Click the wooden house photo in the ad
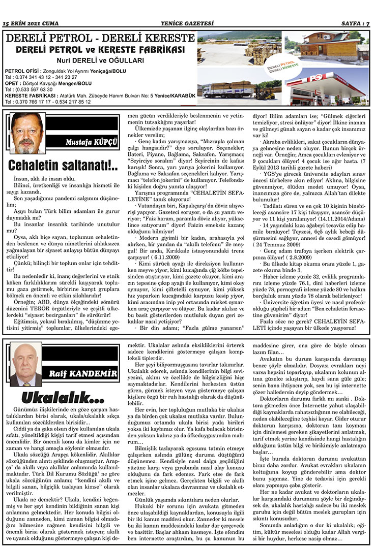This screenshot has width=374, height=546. (326, 48)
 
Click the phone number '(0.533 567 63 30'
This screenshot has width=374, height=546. (29, 89)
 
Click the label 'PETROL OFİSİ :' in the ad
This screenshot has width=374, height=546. (21, 71)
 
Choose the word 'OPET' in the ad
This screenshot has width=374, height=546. (12, 83)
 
